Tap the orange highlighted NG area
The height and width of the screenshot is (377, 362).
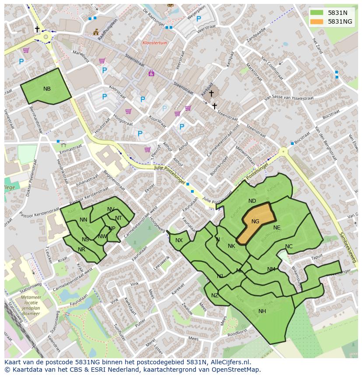point(256,222)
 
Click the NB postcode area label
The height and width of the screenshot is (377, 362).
point(47,89)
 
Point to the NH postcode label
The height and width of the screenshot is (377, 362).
point(262,311)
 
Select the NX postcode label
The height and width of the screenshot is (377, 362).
point(179,240)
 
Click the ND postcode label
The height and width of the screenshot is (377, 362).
point(252,201)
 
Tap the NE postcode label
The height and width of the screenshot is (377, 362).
point(277,228)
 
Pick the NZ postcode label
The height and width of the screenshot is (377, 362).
point(215,296)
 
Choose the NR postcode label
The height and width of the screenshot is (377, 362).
point(81,250)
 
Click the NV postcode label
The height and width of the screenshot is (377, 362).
point(111,209)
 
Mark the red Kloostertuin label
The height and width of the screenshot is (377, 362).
point(154,43)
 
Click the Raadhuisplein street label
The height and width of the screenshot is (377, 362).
point(108,30)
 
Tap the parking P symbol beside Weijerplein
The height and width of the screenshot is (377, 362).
point(198,19)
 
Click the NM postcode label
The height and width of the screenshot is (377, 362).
point(271,269)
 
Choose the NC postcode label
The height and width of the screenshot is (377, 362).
point(289,247)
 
